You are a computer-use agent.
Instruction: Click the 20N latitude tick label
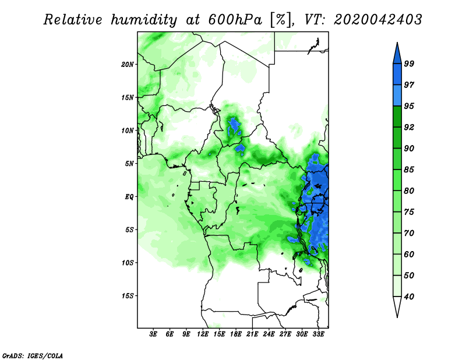coord(128,65)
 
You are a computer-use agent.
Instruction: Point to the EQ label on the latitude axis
coord(129,197)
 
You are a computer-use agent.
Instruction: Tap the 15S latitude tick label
coord(128,296)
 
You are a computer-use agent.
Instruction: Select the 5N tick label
coord(129,164)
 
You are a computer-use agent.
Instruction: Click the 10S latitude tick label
coord(128,263)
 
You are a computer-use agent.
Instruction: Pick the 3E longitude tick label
coord(153,334)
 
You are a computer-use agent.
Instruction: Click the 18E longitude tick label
coord(236,334)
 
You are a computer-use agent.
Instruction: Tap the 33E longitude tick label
coord(318,334)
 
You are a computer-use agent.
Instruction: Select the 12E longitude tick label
coord(203,334)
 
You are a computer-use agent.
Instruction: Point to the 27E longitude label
coord(285,334)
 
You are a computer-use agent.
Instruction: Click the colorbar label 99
coord(409,63)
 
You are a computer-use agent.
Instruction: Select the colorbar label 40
coord(409,297)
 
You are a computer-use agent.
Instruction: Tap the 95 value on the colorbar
coord(409,106)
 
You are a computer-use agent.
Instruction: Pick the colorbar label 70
coord(409,233)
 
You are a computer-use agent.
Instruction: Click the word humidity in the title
coord(144,20)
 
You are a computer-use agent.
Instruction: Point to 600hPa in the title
coord(235,20)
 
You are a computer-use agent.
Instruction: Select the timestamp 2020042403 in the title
coord(377,20)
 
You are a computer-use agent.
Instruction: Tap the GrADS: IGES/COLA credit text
coord(33,356)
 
